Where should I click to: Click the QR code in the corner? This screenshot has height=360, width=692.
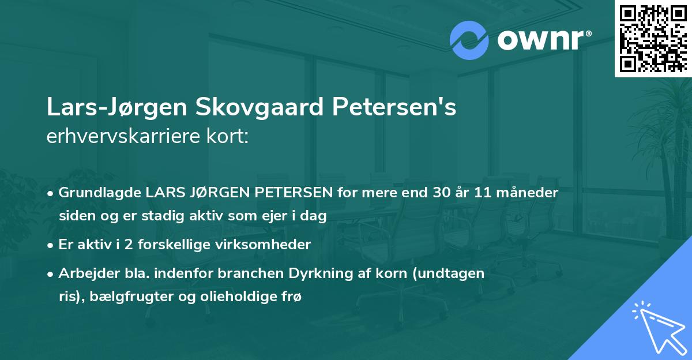[x=653, y=38]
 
